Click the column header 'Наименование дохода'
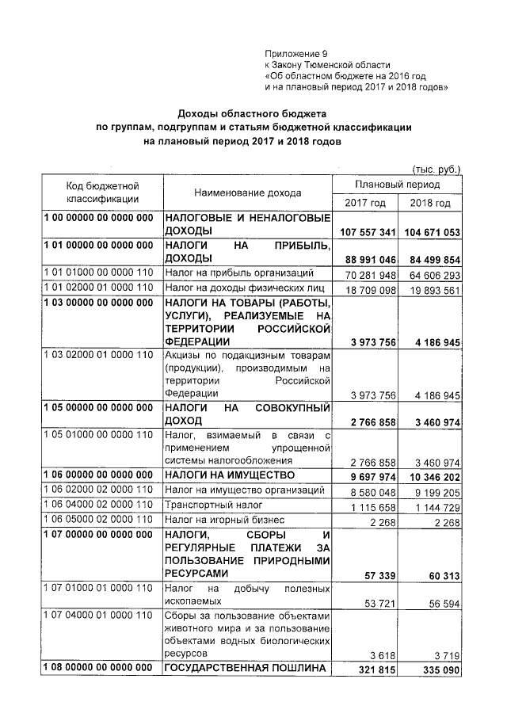pos(246,193)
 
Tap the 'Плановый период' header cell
pos(398,184)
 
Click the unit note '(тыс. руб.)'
pos(436,168)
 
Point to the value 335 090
pos(440,669)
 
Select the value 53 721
pos(378,604)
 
